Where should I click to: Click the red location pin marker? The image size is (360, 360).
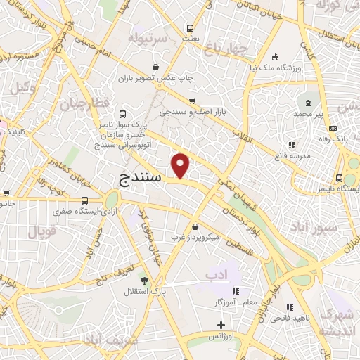coord(181,165)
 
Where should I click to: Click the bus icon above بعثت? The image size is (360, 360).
coord(191,28)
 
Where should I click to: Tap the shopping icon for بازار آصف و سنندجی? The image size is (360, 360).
coord(201,101)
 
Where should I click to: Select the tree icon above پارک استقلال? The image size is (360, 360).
coord(145,279)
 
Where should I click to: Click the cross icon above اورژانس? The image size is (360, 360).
coord(221,325)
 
